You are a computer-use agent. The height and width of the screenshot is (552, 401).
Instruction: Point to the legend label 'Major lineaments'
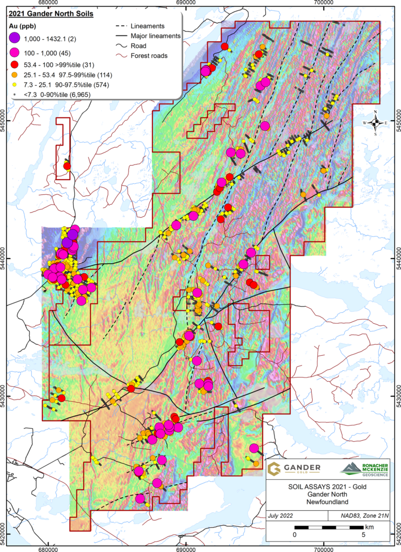156,36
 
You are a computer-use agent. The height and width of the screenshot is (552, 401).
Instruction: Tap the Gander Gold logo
294,469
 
